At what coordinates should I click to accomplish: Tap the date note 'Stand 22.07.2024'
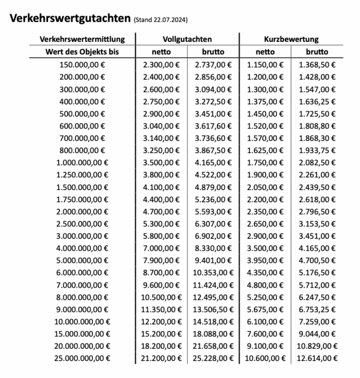click(x=161, y=20)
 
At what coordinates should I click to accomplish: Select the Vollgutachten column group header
click(x=187, y=39)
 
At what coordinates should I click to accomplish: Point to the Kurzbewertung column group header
click(x=291, y=39)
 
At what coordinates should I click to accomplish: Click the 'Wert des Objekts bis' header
click(x=82, y=52)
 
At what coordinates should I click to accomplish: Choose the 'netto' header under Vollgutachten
click(x=161, y=52)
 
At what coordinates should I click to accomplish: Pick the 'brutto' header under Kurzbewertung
click(x=317, y=52)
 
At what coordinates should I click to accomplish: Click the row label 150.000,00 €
click(x=82, y=65)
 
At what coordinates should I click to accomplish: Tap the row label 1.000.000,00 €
click(x=82, y=163)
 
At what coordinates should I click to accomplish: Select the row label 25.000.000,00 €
click(x=82, y=358)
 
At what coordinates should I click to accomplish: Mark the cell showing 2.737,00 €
click(x=213, y=65)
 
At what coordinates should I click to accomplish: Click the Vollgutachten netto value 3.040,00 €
click(x=161, y=126)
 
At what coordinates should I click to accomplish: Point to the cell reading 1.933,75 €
click(x=317, y=150)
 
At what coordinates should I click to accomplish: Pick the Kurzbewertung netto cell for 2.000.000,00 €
click(x=265, y=212)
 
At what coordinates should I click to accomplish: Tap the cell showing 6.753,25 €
click(x=317, y=309)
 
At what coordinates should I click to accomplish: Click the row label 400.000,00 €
click(x=82, y=102)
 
